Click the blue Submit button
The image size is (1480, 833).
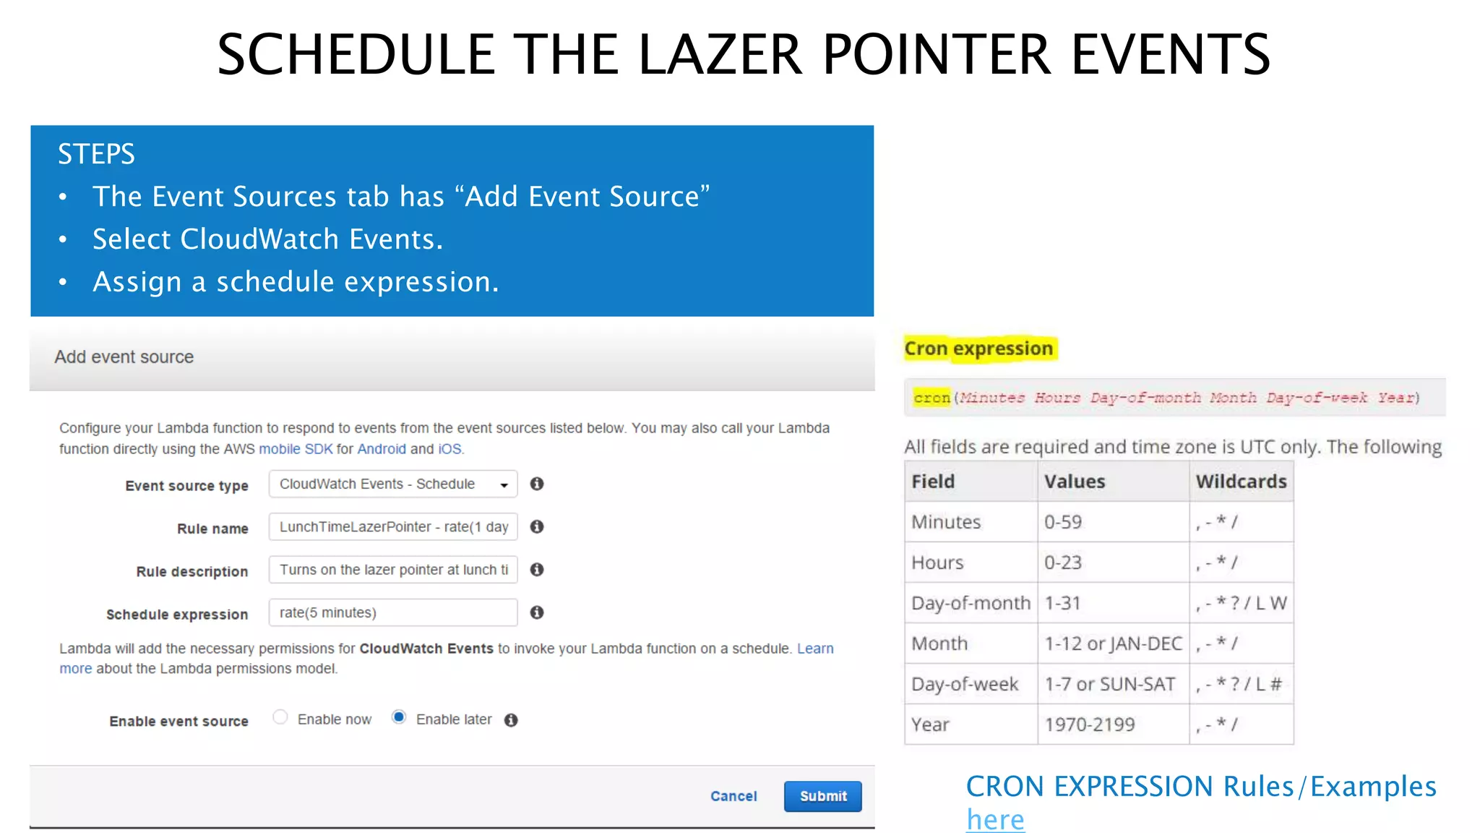coord(822,796)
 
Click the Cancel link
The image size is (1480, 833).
coord(733,796)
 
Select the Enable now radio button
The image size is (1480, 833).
coord(280,717)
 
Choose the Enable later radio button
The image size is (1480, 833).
coord(399,717)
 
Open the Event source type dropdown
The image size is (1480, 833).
coord(393,484)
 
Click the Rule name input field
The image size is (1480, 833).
coord(393,526)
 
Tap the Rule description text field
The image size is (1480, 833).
coord(393,570)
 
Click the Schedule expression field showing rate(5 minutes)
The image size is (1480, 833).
coord(393,612)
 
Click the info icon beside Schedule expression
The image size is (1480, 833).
coord(537,612)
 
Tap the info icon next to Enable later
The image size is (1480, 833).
coord(511,720)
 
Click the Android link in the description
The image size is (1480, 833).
coord(382,449)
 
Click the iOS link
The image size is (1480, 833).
coord(449,449)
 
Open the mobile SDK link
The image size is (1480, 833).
coord(296,449)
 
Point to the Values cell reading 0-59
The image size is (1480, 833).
coord(1063,522)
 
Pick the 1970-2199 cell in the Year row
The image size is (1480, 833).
coord(1090,725)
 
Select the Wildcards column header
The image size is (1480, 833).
coord(1241,482)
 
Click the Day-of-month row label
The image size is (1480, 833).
coord(971,603)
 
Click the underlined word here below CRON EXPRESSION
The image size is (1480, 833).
coord(995,820)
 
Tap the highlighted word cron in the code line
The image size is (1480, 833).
coord(932,398)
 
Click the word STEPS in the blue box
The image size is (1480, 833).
coord(96,154)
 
